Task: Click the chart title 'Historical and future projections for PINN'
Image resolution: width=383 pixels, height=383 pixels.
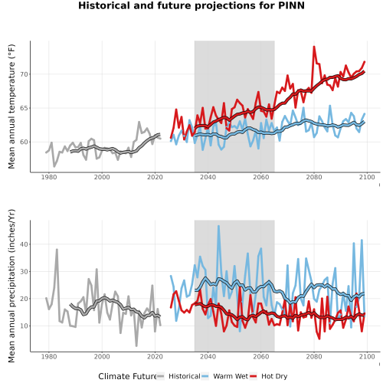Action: click(x=191, y=5)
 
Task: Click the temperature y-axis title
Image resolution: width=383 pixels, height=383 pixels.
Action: click(x=11, y=106)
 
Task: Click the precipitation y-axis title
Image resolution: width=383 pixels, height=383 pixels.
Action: click(x=11, y=286)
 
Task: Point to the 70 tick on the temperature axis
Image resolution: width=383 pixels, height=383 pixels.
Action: click(x=24, y=74)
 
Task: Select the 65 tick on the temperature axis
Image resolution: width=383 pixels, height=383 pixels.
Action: click(x=24, y=108)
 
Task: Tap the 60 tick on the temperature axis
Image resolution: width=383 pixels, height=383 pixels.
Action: click(x=24, y=142)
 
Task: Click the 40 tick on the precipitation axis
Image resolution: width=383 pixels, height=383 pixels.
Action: click(x=24, y=244)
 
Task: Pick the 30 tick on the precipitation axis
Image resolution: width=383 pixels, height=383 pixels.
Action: click(x=24, y=272)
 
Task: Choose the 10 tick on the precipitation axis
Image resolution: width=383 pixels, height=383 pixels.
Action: click(x=24, y=326)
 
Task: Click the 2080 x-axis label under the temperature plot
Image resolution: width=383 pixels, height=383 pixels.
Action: click(x=314, y=177)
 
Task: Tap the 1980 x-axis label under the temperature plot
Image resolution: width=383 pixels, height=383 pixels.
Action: click(x=49, y=177)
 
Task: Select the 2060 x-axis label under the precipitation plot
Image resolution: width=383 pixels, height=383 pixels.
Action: click(x=261, y=356)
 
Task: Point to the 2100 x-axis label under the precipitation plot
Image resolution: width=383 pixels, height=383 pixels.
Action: click(x=367, y=356)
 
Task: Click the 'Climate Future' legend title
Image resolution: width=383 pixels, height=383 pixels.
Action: click(x=127, y=376)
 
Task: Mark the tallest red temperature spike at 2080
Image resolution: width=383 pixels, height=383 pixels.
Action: click(x=314, y=47)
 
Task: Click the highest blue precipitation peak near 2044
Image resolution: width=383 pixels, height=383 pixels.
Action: click(x=218, y=226)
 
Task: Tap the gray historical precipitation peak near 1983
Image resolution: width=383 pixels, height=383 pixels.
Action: click(x=57, y=250)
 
